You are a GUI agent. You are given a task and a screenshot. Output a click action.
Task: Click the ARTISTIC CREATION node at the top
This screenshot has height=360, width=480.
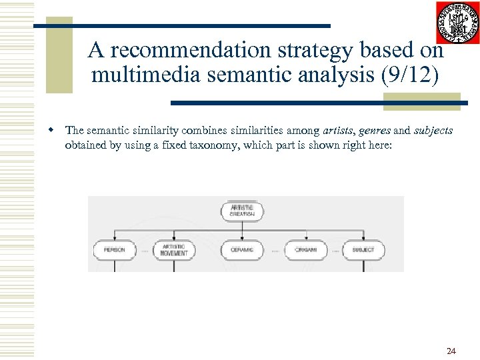click(x=241, y=211)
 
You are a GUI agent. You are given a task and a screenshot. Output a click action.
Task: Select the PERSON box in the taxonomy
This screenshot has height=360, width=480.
click(x=115, y=250)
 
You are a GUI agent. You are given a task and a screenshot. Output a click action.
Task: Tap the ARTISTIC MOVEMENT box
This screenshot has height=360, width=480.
click(x=175, y=250)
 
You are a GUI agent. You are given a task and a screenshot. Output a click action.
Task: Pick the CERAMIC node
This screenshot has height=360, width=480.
click(x=241, y=250)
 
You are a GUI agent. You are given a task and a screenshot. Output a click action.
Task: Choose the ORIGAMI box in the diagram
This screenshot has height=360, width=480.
click(x=305, y=250)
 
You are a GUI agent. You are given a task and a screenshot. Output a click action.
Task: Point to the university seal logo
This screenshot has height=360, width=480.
click(x=457, y=23)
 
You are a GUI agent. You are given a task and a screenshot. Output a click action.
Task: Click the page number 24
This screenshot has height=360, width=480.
click(x=451, y=351)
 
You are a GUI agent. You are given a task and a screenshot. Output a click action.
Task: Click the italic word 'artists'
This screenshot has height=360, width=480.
click(x=339, y=131)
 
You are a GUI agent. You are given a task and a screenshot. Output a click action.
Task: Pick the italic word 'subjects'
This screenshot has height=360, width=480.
click(x=433, y=131)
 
